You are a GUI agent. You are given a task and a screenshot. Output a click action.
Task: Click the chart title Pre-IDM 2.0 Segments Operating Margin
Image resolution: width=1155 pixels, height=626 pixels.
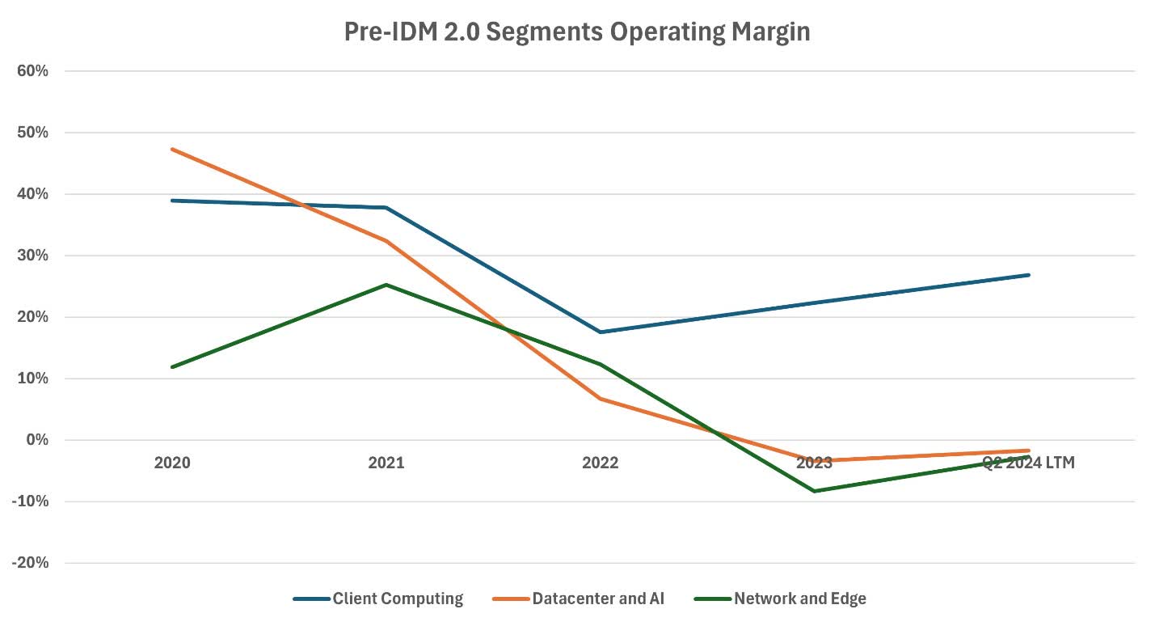[577, 32]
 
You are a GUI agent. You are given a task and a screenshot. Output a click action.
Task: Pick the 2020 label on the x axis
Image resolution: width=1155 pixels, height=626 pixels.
[172, 463]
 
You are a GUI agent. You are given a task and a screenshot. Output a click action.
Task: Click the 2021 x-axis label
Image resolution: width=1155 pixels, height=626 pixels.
[386, 463]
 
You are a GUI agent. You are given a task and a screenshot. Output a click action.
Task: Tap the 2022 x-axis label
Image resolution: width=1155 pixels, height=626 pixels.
[601, 463]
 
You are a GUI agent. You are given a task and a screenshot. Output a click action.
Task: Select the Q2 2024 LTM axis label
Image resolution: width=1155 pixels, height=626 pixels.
[1028, 463]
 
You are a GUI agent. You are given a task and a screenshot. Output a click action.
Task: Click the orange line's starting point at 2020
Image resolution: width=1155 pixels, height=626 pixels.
[172, 150]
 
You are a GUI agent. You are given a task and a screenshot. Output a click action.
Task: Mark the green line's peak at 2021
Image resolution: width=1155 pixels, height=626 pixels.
[386, 285]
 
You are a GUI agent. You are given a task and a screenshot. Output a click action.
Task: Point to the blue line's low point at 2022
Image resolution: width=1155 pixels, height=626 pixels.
[601, 332]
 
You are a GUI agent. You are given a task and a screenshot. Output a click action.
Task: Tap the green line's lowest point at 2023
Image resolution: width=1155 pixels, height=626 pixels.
[815, 491]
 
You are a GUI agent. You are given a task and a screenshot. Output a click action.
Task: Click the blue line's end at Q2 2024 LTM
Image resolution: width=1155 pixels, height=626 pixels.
[1028, 275]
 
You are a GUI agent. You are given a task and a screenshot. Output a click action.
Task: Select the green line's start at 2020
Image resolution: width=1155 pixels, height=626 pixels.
[172, 367]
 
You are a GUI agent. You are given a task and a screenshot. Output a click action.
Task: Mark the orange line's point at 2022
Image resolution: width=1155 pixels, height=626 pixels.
[601, 399]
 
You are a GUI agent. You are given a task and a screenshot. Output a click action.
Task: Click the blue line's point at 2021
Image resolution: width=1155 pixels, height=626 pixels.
[386, 208]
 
